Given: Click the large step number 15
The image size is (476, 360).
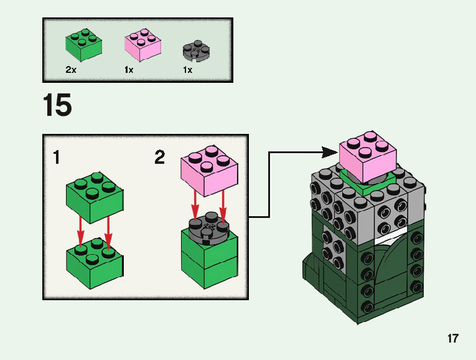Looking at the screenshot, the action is click(57, 105).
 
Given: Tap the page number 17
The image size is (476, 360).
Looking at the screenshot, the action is click(452, 339).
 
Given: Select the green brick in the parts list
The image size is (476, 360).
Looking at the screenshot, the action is click(83, 45).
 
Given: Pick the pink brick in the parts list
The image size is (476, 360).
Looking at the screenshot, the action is click(142, 45).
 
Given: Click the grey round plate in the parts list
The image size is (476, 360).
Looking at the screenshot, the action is click(197, 51).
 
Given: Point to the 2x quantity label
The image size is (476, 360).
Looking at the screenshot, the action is click(71, 70).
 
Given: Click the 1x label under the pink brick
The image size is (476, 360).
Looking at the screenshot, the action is click(129, 70).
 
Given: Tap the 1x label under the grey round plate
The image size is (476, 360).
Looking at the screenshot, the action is click(187, 70).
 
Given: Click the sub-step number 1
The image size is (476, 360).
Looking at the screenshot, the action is click(57, 158).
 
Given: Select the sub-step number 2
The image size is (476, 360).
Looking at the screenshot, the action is click(160, 158).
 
